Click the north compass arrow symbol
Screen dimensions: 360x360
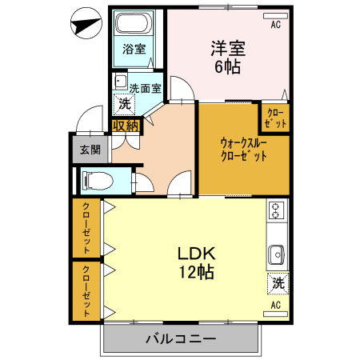pos(83,23)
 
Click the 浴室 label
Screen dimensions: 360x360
pos(134,49)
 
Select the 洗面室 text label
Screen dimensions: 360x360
pos(145,88)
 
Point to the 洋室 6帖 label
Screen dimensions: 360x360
pos(227,56)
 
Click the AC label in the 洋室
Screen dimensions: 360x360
pos(275,25)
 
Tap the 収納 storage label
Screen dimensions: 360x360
pos(126,125)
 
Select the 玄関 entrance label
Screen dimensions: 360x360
pos(89,150)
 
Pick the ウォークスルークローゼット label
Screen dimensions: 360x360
pos(243,150)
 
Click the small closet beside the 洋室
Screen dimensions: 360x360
pos(274,118)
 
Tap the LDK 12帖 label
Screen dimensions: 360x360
pos(194,262)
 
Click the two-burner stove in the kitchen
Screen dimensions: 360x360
pos(277,211)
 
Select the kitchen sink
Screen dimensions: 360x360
pos(277,253)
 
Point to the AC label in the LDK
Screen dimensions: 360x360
pos(275,306)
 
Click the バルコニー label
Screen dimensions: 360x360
pos(181,339)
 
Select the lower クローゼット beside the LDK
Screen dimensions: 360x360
pos(86,290)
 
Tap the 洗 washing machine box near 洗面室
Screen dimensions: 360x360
pos(124,103)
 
